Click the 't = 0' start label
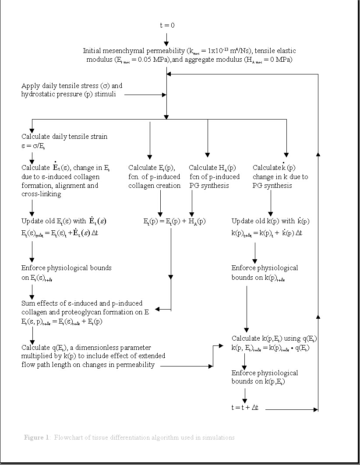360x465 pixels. tap(167, 25)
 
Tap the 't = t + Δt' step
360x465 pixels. tap(245, 407)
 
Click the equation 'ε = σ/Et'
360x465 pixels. tap(35, 146)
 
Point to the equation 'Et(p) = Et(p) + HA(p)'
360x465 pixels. tap(174, 222)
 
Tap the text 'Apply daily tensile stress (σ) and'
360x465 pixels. tap(72, 85)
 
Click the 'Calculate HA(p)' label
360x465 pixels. tap(212, 168)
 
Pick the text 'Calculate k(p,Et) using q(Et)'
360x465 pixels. tap(275, 338)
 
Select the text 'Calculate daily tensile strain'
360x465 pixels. tap(64, 137)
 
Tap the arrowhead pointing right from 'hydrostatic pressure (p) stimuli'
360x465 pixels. tap(164, 95)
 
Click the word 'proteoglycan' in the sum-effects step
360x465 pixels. tap(77, 312)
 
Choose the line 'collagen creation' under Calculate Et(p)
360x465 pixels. tap(154, 186)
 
